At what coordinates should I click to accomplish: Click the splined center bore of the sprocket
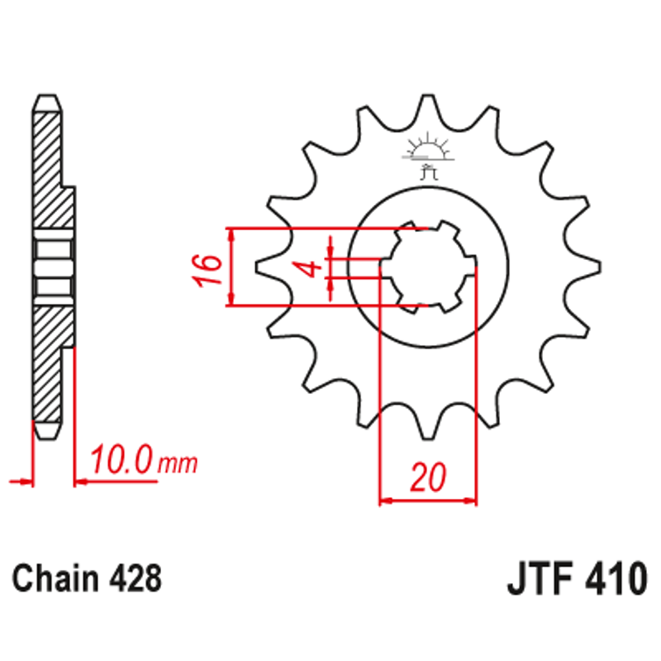pyautogui.click(x=426, y=267)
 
